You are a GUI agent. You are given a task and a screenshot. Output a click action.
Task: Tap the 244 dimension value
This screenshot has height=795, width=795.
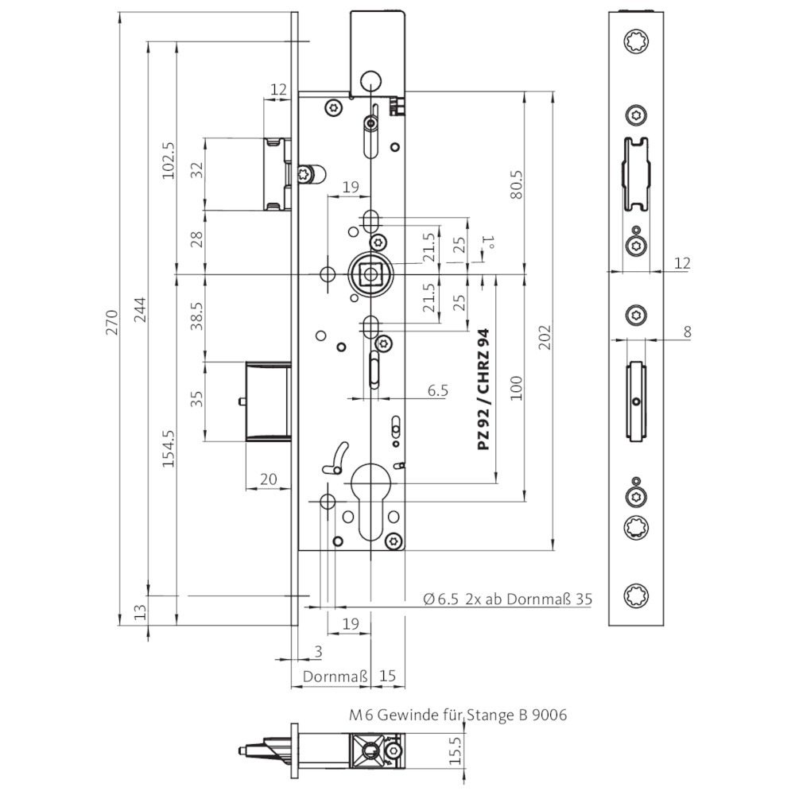click(x=140, y=309)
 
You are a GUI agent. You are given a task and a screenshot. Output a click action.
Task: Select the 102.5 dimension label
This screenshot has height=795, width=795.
click(x=168, y=161)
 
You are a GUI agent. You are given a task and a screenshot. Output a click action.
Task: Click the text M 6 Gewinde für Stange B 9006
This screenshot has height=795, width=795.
click(x=458, y=715)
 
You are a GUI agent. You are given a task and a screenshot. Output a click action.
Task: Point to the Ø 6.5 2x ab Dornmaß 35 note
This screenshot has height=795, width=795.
click(x=508, y=599)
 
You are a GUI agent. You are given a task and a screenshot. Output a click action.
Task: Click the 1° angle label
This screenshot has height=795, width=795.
click(x=491, y=241)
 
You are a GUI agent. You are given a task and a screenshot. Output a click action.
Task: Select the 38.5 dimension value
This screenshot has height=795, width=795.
click(x=197, y=316)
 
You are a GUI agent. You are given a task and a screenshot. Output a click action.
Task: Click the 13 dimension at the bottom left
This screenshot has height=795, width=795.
click(x=140, y=611)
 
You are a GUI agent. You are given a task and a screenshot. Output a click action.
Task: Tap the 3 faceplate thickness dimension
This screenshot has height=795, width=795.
click(x=317, y=653)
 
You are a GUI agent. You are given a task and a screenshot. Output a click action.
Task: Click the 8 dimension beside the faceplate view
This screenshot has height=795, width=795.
click(x=687, y=332)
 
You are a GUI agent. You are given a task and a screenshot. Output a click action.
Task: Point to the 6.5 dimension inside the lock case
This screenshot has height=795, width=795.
click(x=438, y=391)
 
